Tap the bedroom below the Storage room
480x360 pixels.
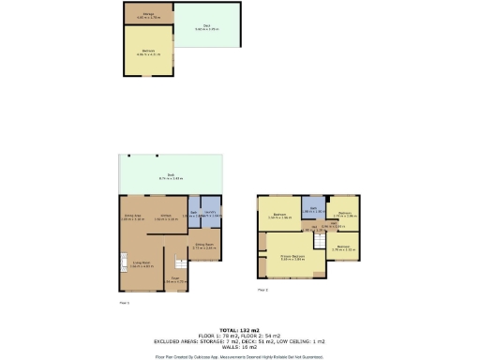148,52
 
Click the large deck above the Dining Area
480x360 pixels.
171,175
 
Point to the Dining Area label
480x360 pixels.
133,217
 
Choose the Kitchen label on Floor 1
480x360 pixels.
166,217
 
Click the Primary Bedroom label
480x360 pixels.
293,256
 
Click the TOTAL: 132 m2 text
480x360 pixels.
240,331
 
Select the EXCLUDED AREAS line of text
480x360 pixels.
240,341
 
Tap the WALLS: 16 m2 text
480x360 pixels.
240,346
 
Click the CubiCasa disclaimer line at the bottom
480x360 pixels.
240,356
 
